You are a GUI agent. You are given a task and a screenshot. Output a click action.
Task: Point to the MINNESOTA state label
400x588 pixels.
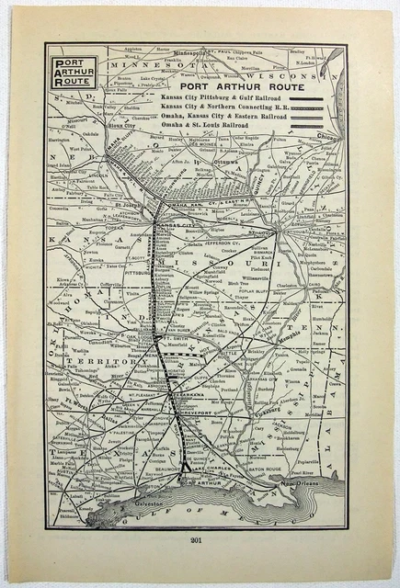click(x=148, y=66)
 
